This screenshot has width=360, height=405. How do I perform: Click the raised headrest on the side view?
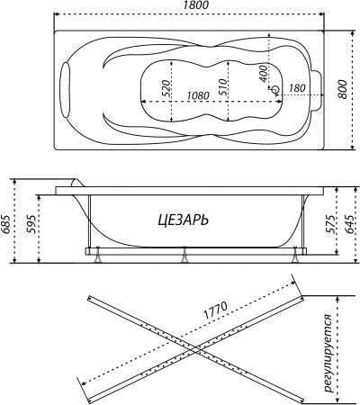tap(76, 184)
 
